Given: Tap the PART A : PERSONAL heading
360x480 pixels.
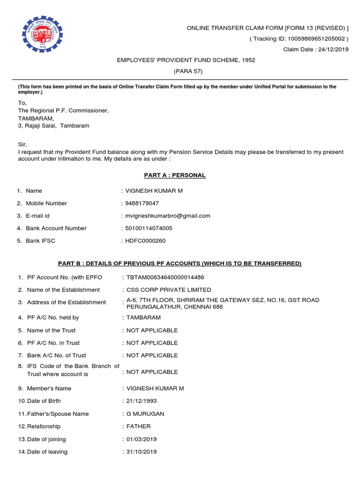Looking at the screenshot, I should pos(174,175).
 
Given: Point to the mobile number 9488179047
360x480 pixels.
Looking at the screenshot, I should pos(142,203).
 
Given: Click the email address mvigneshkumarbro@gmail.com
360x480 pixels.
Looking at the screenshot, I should pos(168,216).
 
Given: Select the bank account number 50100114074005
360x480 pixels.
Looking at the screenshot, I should pos(149,228).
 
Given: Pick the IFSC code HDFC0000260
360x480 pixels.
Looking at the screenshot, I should pos(145,241).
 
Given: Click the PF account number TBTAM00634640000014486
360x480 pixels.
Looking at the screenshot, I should pos(165,277).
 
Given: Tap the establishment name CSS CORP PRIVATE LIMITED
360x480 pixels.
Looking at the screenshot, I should pos(169,290).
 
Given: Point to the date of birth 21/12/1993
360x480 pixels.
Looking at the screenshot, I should pos(142,401).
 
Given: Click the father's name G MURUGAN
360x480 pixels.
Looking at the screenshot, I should pos(145,414).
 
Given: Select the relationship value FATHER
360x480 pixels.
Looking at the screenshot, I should pos(139,427).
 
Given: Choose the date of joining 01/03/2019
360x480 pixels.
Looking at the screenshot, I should pos(142,439).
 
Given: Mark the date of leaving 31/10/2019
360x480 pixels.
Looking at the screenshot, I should pos(142,452).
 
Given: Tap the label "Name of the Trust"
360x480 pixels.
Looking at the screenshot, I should pos(51,330).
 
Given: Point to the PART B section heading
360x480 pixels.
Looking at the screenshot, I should pos(180,263).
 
